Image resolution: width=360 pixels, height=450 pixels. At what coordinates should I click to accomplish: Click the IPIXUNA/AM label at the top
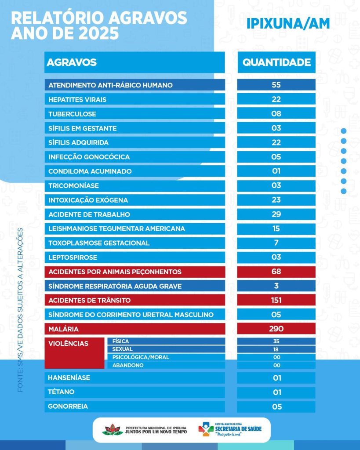coord(288,24)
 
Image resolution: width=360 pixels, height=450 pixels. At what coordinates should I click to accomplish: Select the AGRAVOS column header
coord(72,62)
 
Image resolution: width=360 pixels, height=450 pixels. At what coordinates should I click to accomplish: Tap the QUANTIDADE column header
coord(276,62)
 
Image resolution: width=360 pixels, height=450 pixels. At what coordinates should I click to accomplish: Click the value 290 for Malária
coord(276,329)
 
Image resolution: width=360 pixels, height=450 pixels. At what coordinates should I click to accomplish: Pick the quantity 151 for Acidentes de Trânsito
coord(276,300)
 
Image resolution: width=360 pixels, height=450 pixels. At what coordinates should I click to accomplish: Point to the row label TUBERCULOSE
coord(72,114)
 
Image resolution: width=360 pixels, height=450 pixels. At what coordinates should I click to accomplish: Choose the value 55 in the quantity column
coord(276,85)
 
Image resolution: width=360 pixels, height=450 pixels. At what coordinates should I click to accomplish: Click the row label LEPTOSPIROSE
coord(73,257)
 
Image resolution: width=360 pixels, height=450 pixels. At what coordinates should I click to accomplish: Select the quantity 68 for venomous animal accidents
coord(276,272)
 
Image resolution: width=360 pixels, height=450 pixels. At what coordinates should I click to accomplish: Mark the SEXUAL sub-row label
coord(123,349)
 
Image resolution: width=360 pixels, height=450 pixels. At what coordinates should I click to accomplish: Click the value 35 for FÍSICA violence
coord(276,341)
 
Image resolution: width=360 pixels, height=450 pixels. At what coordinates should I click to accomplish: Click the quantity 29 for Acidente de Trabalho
coord(276,214)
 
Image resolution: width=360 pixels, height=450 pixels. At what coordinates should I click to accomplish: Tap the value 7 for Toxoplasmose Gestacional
coord(276,243)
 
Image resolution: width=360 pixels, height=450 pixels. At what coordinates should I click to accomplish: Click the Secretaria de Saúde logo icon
coord(206,429)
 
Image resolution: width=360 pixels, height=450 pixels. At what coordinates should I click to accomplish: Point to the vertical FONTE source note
coord(20,310)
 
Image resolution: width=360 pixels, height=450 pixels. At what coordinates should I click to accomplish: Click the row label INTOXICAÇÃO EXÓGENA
coord(88,200)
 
